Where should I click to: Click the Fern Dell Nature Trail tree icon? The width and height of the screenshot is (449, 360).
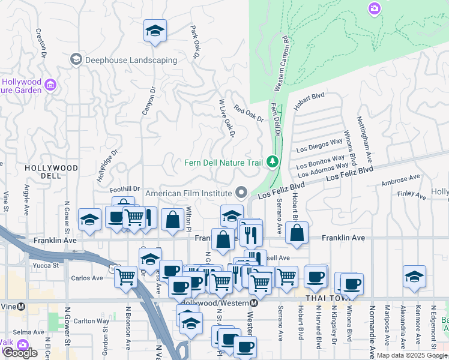[273, 162]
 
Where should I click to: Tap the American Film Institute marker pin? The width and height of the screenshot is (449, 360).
[241, 193]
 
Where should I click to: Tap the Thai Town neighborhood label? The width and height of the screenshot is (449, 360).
[325, 298]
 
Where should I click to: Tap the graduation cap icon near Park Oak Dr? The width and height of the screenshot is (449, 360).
[155, 31]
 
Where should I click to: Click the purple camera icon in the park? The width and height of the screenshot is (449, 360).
[375, 8]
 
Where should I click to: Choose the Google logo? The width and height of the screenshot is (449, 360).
[20, 353]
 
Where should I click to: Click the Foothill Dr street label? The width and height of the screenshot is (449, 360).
[125, 188]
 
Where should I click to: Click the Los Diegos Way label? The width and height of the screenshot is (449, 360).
[321, 146]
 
